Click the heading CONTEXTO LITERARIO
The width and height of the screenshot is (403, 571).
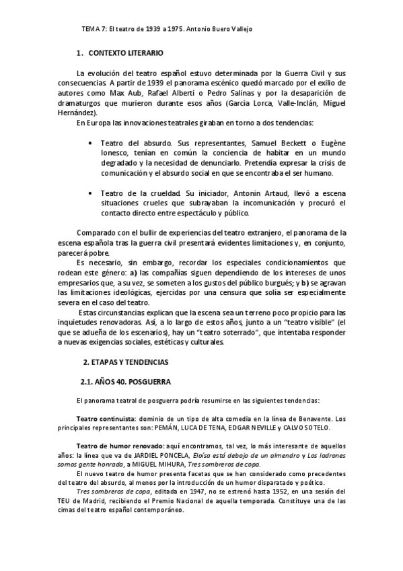tap(126, 53)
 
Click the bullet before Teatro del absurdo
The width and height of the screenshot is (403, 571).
tap(91, 143)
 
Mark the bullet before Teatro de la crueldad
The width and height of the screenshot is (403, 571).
tap(91, 193)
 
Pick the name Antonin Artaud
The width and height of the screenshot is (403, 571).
tap(219, 193)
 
